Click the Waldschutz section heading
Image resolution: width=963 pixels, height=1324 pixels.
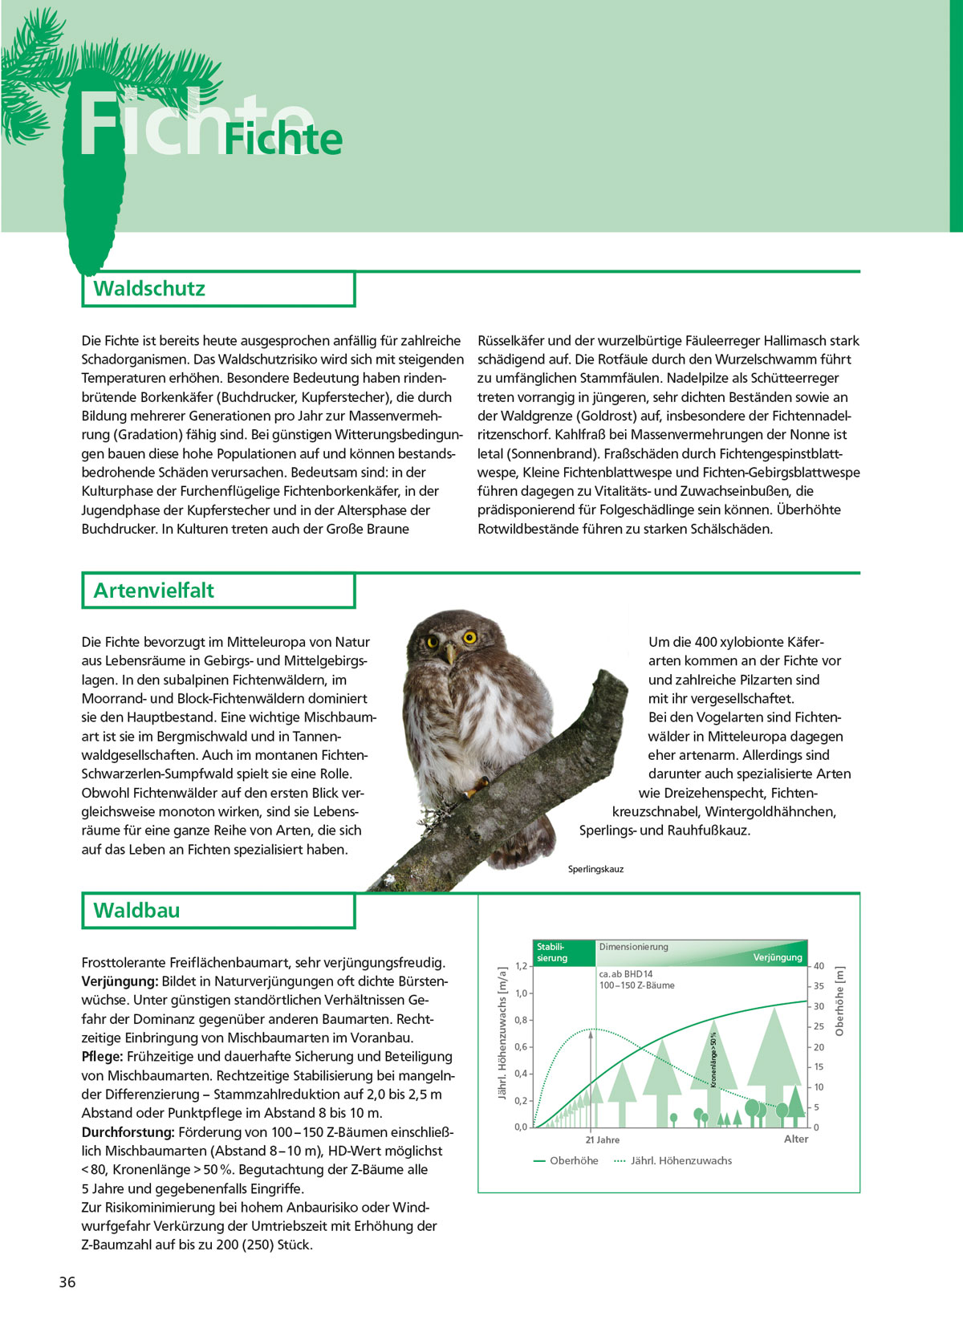click(x=149, y=289)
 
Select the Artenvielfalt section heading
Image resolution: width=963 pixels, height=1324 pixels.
click(x=153, y=591)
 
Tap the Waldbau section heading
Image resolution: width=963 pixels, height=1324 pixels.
click(x=136, y=911)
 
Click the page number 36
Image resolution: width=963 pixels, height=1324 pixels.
click(x=67, y=1282)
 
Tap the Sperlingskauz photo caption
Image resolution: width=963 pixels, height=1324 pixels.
click(x=595, y=869)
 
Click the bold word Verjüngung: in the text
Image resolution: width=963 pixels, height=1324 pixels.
click(x=120, y=981)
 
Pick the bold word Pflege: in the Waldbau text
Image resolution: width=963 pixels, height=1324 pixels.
click(x=102, y=1057)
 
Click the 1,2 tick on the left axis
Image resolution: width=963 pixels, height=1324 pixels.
click(x=521, y=966)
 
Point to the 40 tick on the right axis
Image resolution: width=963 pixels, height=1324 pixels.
click(x=819, y=966)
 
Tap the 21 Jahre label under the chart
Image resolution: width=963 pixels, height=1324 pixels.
click(x=602, y=1139)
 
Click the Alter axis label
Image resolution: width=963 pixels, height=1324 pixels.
click(x=796, y=1139)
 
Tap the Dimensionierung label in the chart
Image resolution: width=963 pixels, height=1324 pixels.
click(x=633, y=947)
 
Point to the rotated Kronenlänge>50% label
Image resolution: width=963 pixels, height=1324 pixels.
click(x=713, y=1059)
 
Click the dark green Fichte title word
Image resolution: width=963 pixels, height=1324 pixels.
click(x=283, y=140)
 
